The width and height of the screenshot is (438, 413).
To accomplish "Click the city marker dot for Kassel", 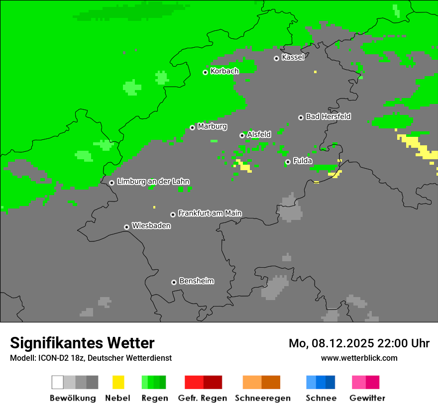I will pos(276,58).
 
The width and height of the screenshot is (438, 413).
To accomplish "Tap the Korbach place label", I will pos(224,71).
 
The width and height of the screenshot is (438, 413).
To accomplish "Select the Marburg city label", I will pos(212,126).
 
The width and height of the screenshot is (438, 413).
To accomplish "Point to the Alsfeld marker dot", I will pos(242,135).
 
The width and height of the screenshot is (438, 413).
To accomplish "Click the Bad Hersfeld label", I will pos(328,116).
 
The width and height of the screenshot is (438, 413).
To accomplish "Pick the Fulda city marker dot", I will pos(288,162).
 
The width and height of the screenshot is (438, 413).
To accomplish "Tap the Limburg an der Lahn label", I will pos(153,182).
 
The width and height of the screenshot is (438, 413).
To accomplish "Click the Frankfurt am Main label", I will pos(210,213).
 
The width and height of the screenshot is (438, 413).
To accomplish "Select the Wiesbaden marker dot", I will pos(126,227).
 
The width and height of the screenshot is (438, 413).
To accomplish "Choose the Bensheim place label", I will pos(196,281).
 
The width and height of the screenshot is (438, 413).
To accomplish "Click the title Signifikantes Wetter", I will pos(82,343).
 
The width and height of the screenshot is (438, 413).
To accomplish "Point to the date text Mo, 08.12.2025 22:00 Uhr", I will pos(359,343).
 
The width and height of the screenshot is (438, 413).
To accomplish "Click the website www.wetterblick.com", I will pos(359,358).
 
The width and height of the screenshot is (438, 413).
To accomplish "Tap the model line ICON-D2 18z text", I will pos(91,358).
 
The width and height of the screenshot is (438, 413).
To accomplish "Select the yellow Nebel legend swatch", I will pos(118,382).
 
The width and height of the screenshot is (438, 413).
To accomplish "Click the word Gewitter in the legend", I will pos(367,398).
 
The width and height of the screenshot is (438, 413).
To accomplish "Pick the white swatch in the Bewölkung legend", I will pos(58,382).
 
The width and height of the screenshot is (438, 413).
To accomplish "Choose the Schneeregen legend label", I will pos(262,398).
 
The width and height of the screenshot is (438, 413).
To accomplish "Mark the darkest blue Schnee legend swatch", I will pos(330,382).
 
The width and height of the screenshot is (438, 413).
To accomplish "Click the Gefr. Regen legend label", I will pos(203,398).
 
